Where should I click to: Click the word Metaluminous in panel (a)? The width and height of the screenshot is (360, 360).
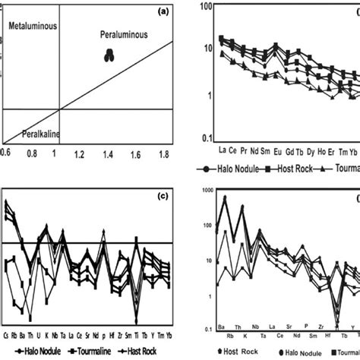33,27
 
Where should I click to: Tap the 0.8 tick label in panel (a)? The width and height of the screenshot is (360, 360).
32,154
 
